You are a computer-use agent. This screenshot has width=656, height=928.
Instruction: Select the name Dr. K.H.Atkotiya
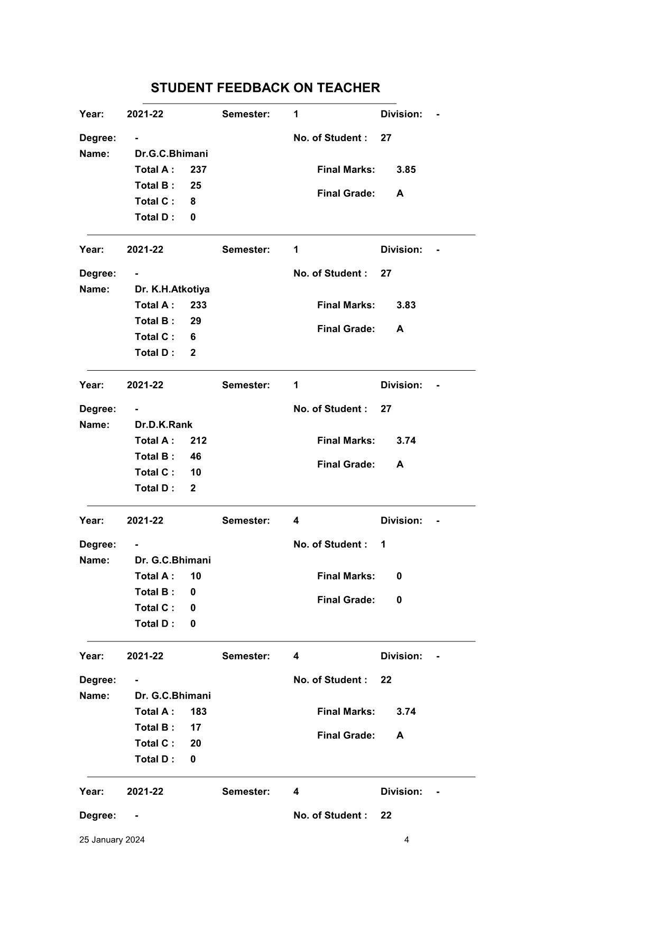tap(172, 289)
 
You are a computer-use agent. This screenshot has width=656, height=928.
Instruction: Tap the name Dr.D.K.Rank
tap(163, 425)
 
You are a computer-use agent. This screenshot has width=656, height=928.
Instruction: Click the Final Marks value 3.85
tap(406, 170)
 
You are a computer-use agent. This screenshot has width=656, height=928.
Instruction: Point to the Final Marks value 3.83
tap(406, 305)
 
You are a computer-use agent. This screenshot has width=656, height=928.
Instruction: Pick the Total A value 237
tap(198, 170)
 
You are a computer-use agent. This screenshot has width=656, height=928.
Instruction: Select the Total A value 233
tap(198, 305)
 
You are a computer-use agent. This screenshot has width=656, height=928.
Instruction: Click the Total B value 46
tap(196, 456)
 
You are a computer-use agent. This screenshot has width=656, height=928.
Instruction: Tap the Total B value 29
tap(196, 321)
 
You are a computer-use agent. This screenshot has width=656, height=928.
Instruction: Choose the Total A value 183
tap(198, 712)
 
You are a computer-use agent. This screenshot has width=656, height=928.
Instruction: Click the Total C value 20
tap(196, 743)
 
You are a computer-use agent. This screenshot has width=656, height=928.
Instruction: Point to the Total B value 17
tap(196, 728)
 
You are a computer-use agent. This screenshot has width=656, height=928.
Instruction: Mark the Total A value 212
tap(198, 440)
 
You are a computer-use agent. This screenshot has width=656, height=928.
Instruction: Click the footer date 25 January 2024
tap(112, 840)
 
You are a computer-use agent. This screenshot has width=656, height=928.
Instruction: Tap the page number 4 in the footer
tap(406, 840)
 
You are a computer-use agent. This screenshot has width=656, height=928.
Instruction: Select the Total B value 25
tap(196, 186)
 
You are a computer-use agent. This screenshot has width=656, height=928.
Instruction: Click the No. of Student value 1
tap(383, 545)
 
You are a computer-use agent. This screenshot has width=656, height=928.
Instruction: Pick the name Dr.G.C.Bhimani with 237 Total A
tap(171, 154)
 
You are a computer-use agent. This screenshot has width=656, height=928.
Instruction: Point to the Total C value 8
tap(193, 201)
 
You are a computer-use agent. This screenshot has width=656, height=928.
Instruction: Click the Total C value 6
tap(193, 337)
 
